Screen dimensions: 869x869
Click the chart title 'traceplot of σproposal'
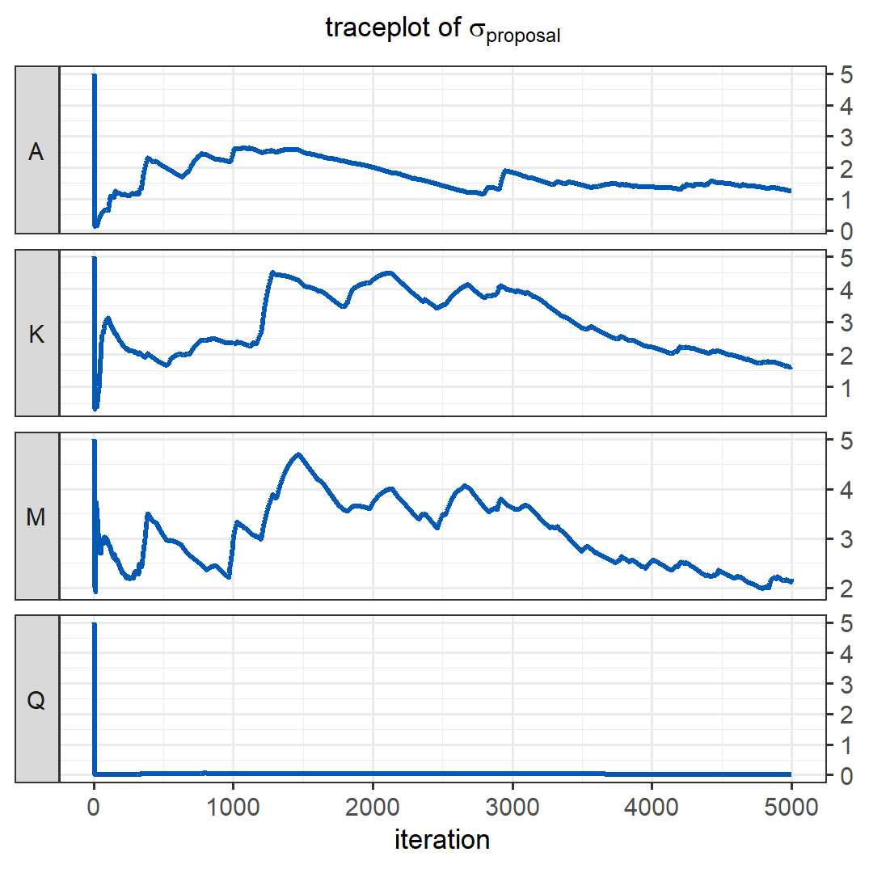[442, 29]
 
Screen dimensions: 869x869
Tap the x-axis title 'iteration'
[442, 840]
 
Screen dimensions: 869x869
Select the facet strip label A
[36, 153]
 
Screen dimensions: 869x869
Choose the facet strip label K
[36, 335]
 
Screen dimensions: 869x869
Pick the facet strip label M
[36, 517]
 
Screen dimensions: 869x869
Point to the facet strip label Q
[36, 700]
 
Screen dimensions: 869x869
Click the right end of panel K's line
[791, 368]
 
